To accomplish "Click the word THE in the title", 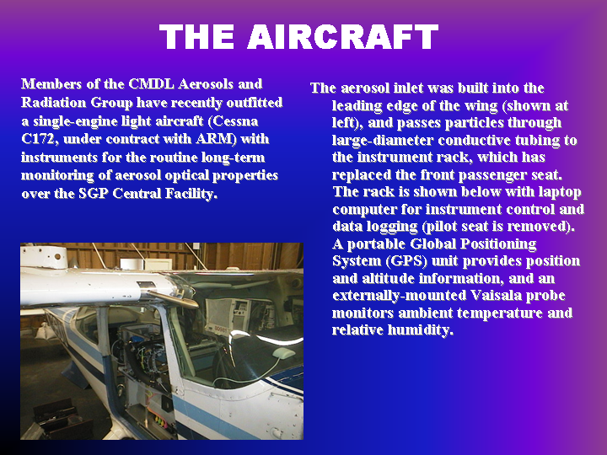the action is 197,36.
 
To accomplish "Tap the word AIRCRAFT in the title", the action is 342,36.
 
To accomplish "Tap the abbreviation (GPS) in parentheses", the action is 406,261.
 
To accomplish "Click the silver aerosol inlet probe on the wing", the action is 173,298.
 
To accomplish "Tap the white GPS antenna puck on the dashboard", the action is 284,352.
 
